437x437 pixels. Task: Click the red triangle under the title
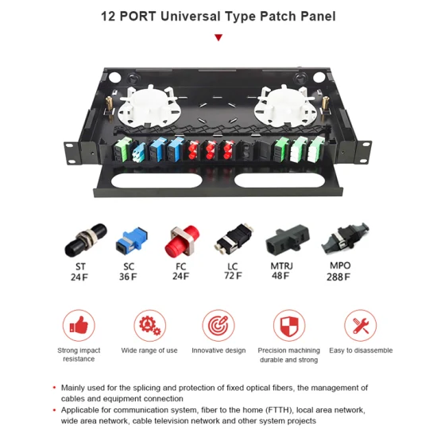pyautogui.click(x=218, y=37)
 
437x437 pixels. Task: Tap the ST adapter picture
pyautogui.click(x=86, y=240)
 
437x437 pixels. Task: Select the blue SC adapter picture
pyautogui.click(x=132, y=240)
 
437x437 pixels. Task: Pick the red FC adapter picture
pyautogui.click(x=182, y=241)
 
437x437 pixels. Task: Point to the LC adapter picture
pyautogui.click(x=234, y=239)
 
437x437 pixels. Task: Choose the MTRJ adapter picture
pyautogui.click(x=288, y=240)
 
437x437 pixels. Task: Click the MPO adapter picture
pyautogui.click(x=345, y=238)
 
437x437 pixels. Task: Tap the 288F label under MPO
pyautogui.click(x=338, y=277)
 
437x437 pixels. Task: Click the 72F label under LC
pyautogui.click(x=233, y=276)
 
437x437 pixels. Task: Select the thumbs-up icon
pyautogui.click(x=79, y=325)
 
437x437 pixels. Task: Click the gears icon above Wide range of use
pyautogui.click(x=150, y=325)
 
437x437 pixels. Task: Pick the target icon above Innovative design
pyautogui.click(x=218, y=325)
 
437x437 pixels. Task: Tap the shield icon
pyautogui.click(x=289, y=325)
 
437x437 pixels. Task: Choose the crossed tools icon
pyautogui.click(x=361, y=325)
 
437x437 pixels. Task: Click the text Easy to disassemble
pyautogui.click(x=361, y=350)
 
